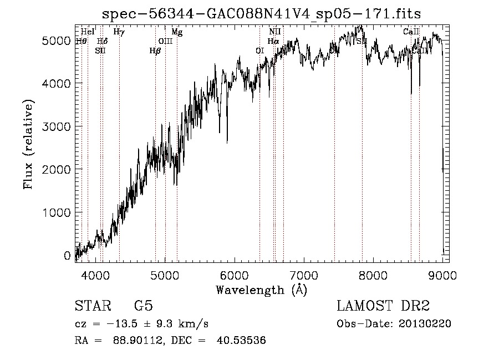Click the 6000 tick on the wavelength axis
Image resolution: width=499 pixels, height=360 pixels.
(234, 275)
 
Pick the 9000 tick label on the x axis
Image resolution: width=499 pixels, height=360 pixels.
(442, 275)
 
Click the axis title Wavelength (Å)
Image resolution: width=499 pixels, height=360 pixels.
(262, 290)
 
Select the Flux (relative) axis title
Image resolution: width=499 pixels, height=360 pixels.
(28, 145)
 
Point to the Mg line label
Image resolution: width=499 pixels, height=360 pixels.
(177, 32)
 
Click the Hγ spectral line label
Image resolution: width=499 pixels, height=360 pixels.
(119, 32)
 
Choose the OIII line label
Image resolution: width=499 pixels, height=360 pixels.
(165, 41)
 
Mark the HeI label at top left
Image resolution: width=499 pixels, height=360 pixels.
(88, 32)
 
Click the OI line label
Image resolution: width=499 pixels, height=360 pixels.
(259, 50)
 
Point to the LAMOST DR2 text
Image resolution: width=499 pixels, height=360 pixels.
(383, 306)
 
